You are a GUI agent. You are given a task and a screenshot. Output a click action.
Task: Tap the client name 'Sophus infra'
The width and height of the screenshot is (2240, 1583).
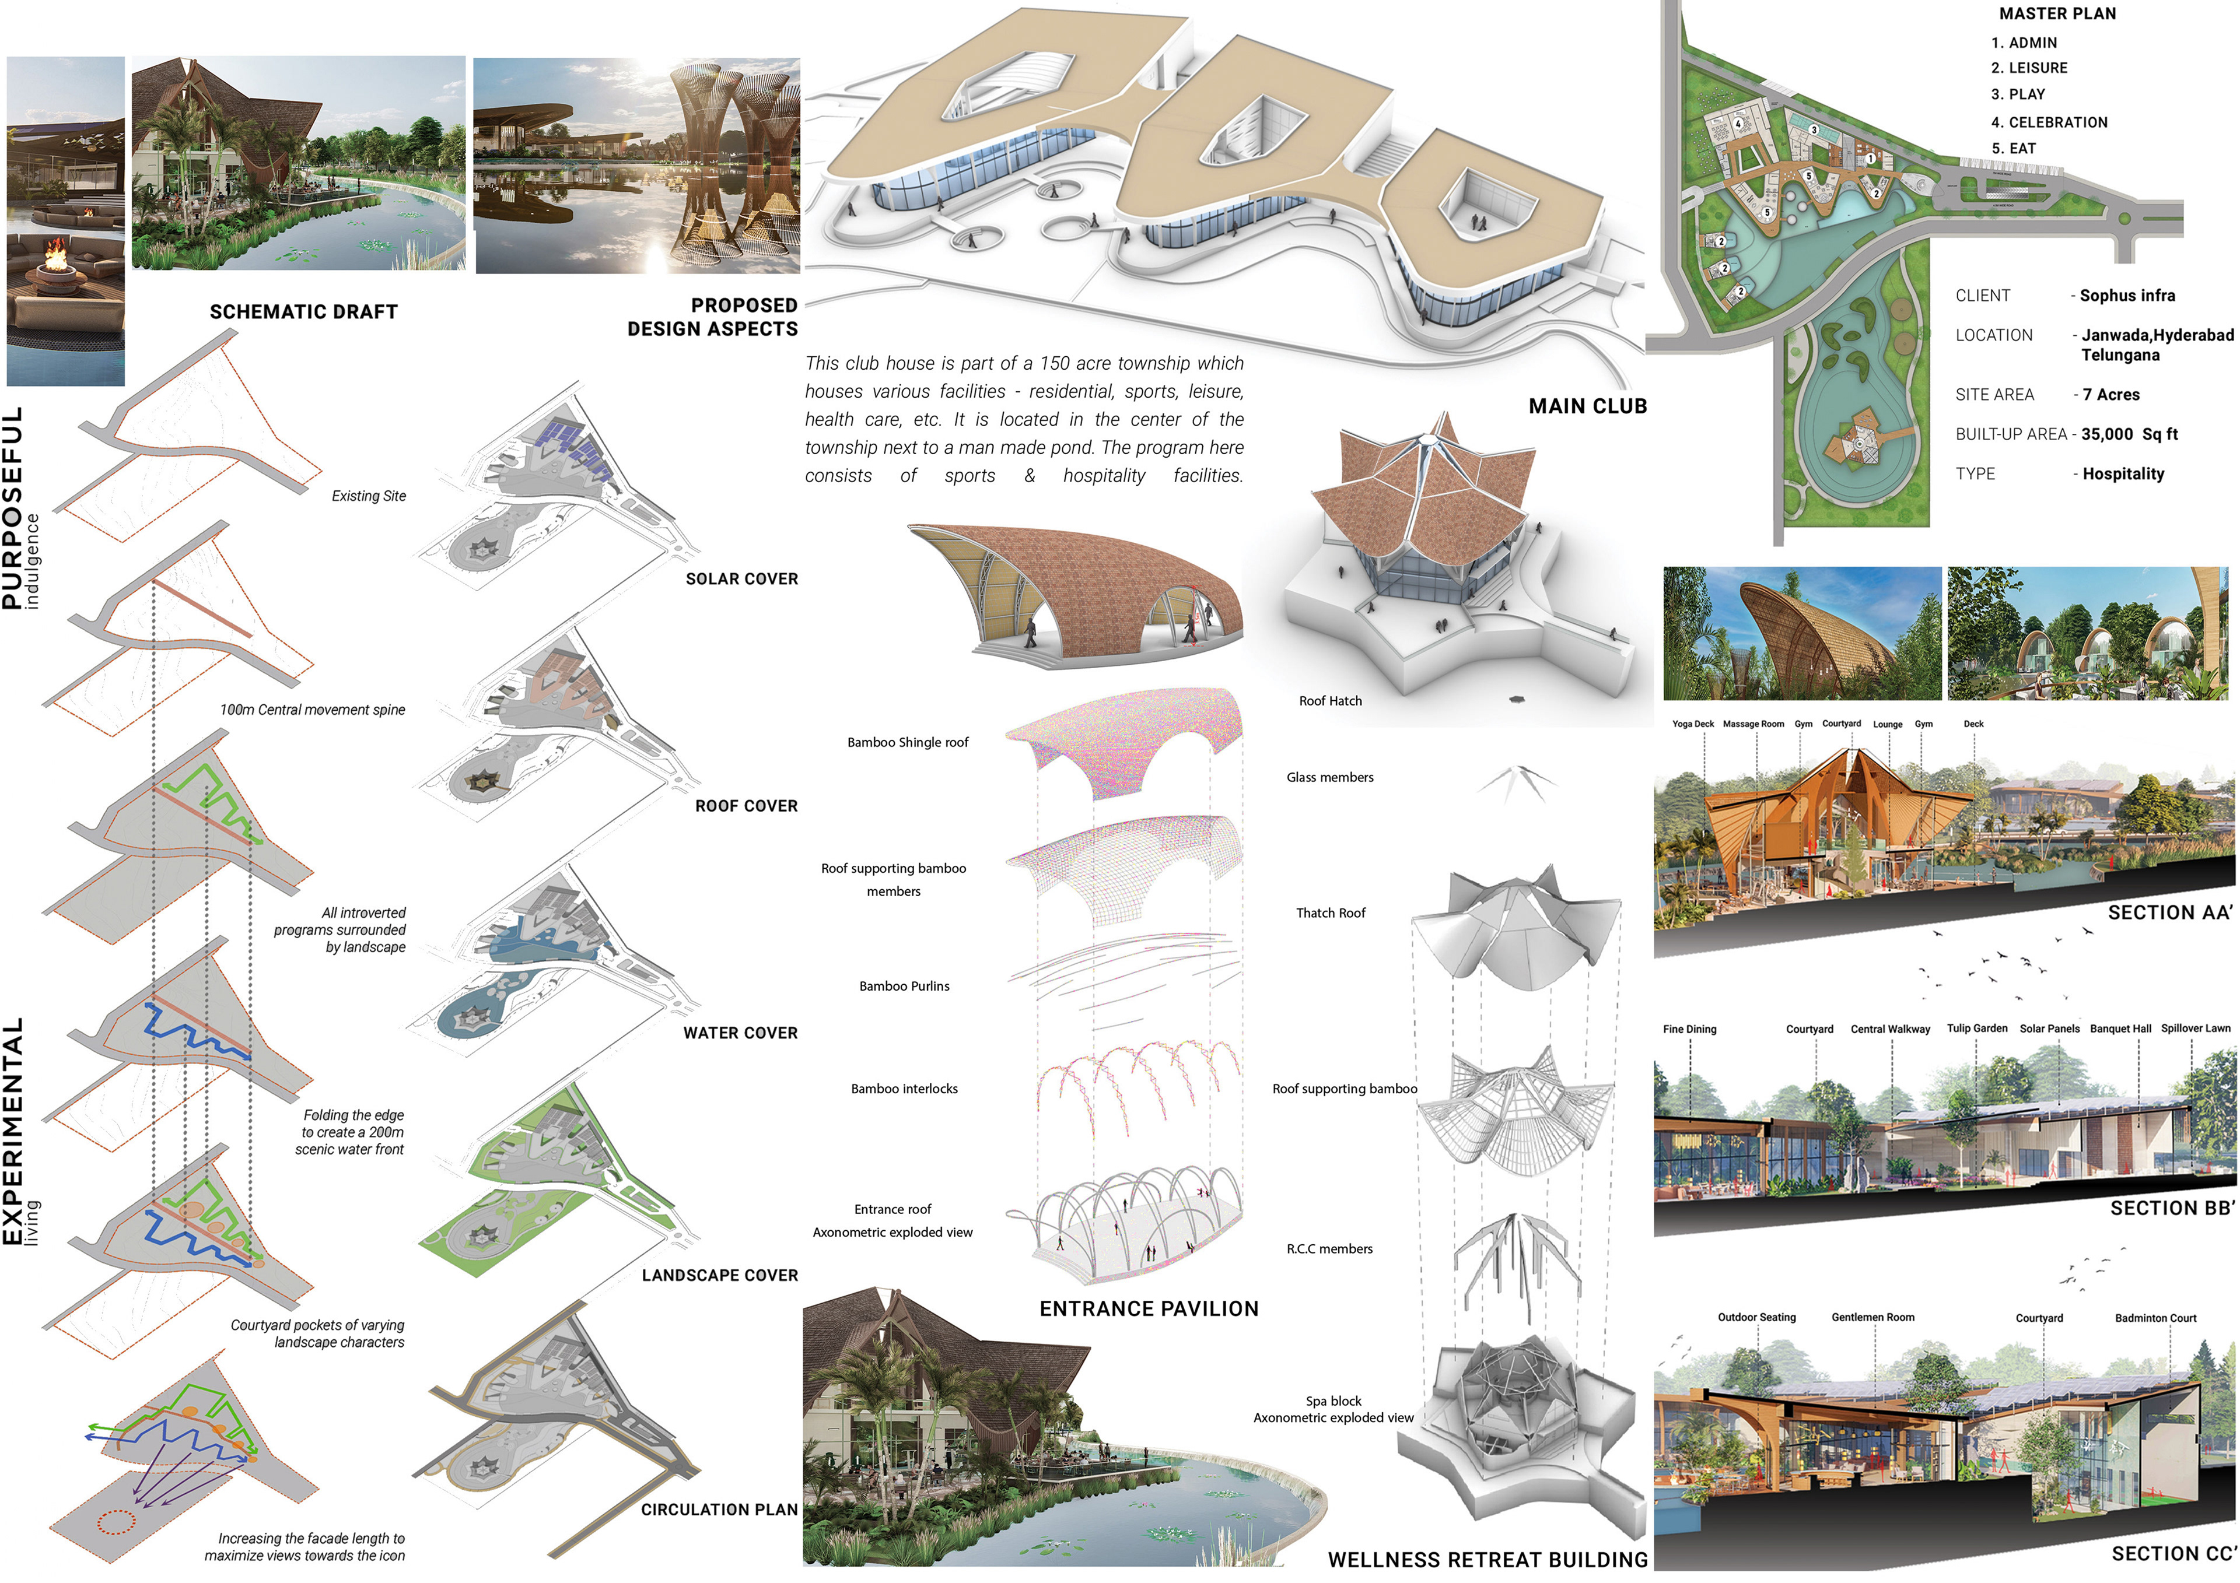(x=2127, y=296)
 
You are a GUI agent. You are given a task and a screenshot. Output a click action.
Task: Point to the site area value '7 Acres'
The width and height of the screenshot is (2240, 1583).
(x=2111, y=395)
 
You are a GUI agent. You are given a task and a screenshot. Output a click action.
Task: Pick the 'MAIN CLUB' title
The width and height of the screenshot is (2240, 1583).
(x=1587, y=406)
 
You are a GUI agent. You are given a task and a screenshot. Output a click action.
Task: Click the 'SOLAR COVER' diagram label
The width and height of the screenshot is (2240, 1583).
(x=741, y=578)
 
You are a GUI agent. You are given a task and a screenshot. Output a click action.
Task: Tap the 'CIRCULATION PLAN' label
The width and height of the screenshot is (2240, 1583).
(x=719, y=1509)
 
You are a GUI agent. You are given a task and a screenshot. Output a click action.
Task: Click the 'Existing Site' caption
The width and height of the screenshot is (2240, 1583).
(x=369, y=496)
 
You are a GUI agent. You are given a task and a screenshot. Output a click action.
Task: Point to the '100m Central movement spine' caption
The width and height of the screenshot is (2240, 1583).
(x=312, y=709)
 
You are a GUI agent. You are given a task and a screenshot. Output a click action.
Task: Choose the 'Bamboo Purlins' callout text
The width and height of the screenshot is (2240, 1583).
(x=904, y=986)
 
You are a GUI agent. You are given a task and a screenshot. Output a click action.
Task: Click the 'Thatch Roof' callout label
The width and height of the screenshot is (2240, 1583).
(x=1331, y=913)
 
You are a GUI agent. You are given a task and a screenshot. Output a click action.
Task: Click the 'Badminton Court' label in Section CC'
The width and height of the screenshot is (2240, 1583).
(x=2155, y=1318)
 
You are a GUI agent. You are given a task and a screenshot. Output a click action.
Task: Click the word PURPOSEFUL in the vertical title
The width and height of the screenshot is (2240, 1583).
(x=13, y=507)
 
